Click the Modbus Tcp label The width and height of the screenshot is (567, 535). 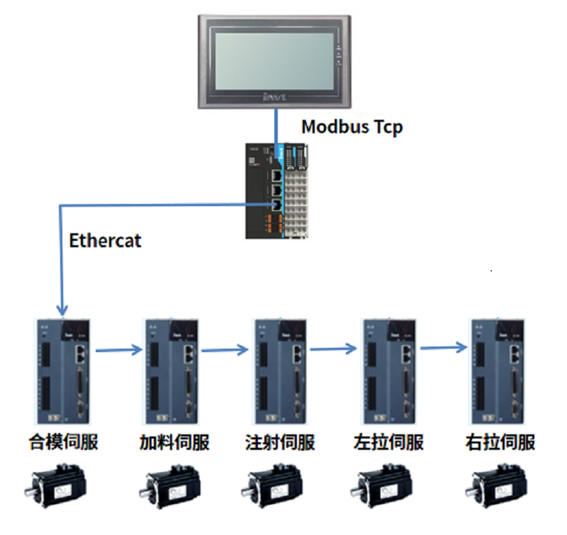tap(352, 128)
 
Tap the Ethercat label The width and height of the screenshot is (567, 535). tap(105, 240)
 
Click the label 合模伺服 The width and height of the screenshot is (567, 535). tap(63, 443)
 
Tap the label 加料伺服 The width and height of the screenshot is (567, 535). tap(174, 443)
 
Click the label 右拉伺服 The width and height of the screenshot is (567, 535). tap(500, 443)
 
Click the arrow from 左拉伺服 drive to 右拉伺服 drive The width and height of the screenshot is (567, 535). tap(444, 348)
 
